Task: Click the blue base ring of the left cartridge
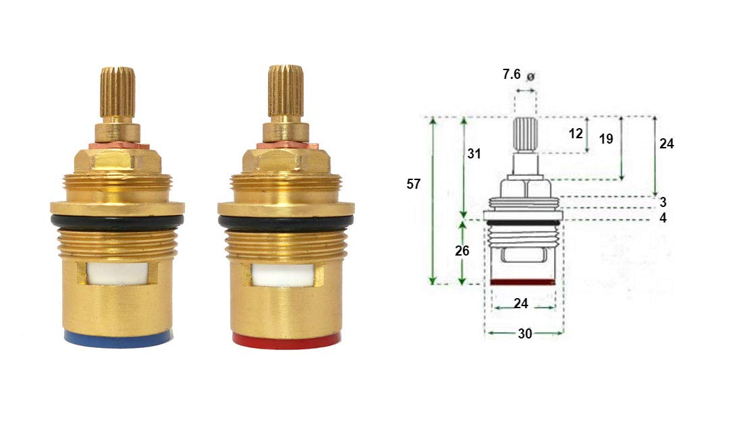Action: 118,339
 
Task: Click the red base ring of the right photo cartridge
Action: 286,340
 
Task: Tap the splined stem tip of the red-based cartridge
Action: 286,90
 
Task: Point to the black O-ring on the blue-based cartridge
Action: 117,222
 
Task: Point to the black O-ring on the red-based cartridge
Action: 286,222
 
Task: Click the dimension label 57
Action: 414,184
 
